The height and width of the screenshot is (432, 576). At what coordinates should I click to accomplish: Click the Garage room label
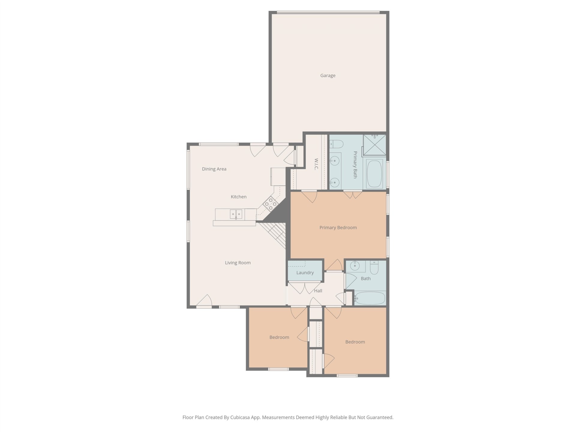click(x=328, y=76)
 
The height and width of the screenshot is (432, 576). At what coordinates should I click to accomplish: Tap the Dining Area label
click(x=214, y=169)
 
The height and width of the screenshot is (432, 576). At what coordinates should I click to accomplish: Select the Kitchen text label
click(x=238, y=197)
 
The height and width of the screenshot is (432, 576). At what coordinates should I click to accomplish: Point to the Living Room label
click(x=238, y=263)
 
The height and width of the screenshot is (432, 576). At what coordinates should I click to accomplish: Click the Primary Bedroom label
click(x=338, y=228)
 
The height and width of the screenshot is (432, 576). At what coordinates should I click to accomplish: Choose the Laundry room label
click(x=305, y=273)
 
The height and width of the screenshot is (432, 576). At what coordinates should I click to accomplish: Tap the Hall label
click(x=318, y=291)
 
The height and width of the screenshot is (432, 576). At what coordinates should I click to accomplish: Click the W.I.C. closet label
click(x=316, y=164)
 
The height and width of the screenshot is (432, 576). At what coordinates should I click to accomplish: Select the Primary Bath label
click(x=355, y=165)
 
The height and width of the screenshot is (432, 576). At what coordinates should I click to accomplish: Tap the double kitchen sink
click(x=236, y=214)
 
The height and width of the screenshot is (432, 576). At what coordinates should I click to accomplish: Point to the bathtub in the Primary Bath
click(x=374, y=174)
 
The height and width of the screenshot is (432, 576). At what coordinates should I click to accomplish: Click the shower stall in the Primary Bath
click(x=374, y=145)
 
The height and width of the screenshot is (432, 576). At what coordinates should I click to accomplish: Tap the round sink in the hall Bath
click(x=355, y=265)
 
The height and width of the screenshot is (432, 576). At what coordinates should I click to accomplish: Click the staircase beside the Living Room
click(x=274, y=234)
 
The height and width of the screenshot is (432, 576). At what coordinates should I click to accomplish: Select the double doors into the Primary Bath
click(x=353, y=194)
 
